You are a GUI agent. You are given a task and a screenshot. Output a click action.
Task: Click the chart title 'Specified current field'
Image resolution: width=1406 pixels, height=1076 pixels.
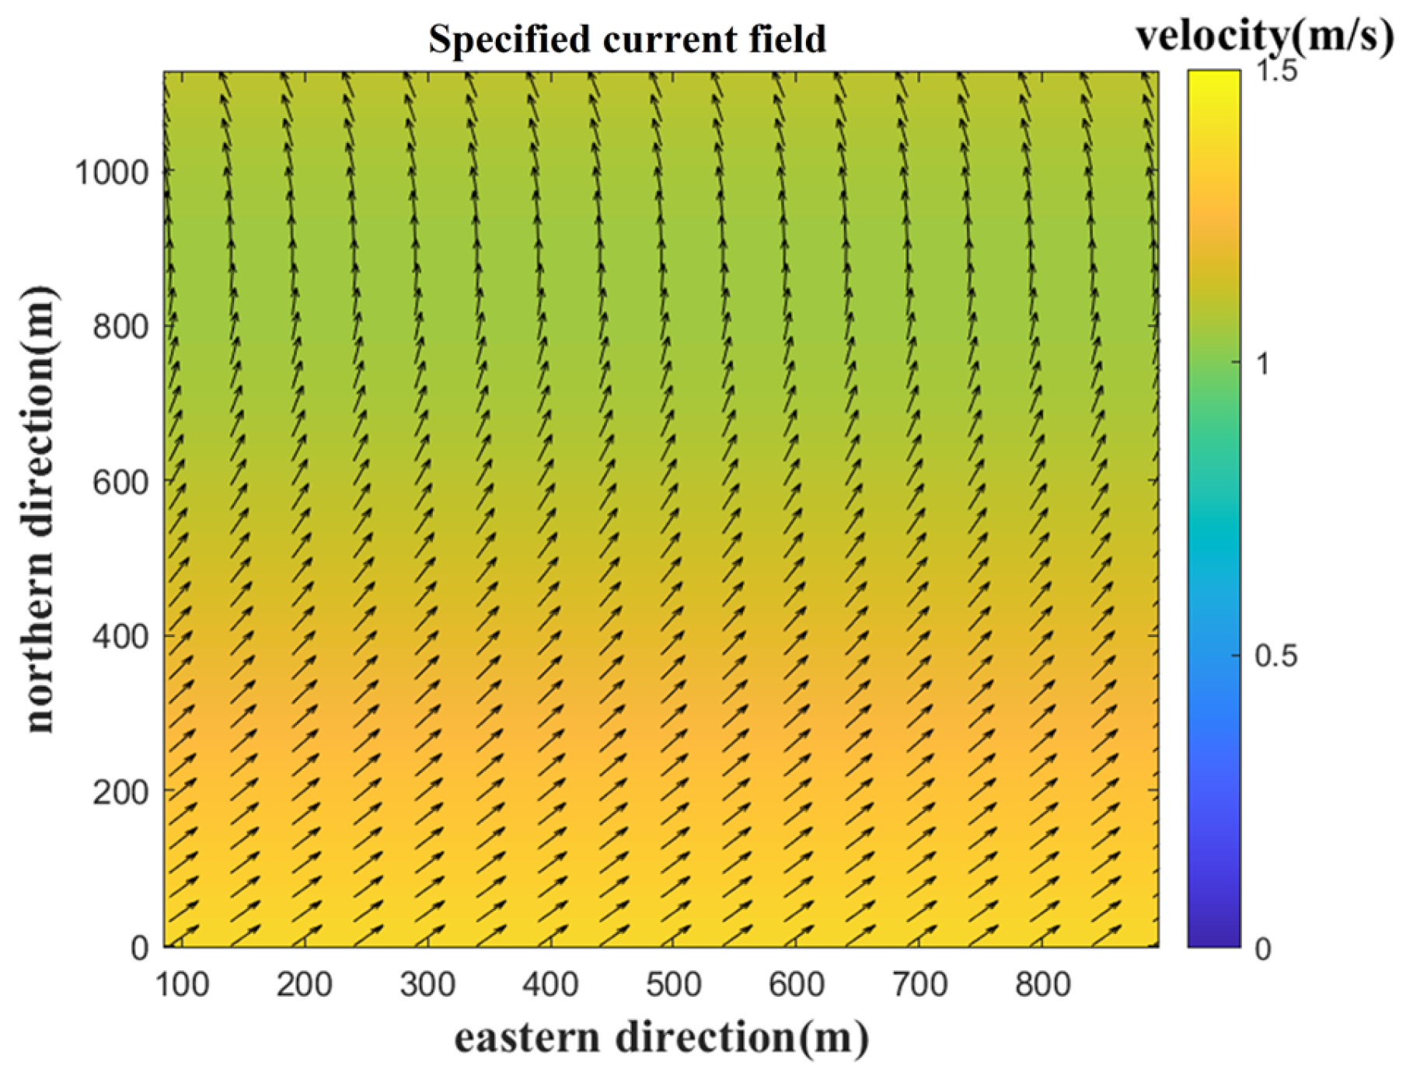627,39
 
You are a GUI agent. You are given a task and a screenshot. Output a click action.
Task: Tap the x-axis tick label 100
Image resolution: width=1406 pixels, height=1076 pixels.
182,985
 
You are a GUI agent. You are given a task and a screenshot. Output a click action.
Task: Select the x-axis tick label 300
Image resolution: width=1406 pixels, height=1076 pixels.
427,985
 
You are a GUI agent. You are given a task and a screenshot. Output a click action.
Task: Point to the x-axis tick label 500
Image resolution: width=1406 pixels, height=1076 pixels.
673,985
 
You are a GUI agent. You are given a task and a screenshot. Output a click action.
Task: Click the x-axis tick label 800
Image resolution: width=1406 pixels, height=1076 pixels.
1042,985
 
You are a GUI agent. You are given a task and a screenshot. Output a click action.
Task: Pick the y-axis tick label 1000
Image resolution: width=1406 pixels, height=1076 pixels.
111,172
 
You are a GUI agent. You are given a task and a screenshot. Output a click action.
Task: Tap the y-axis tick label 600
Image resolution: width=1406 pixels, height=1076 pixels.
120,482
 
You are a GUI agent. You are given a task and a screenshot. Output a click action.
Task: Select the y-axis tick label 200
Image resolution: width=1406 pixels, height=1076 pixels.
120,792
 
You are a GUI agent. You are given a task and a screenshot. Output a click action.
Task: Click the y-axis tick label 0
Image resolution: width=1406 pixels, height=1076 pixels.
140,948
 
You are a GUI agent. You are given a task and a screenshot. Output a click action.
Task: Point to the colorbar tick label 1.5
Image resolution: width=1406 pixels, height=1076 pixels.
1276,72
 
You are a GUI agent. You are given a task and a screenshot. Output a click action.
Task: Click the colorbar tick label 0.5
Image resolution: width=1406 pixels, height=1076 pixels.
1276,656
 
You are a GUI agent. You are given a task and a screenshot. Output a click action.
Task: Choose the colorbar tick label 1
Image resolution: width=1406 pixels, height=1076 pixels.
1263,364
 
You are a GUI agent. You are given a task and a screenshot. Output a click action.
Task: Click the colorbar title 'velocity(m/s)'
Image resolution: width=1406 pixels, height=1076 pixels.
1265,36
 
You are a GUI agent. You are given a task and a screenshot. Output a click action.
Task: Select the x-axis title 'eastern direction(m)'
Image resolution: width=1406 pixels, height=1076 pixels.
661,1038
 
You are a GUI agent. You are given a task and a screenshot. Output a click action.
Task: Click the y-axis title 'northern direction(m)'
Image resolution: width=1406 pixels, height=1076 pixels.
40,509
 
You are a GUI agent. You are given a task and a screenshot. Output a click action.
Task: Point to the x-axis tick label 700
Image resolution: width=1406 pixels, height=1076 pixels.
919,985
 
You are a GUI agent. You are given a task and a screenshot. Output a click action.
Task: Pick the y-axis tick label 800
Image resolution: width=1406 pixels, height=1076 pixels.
120,327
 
